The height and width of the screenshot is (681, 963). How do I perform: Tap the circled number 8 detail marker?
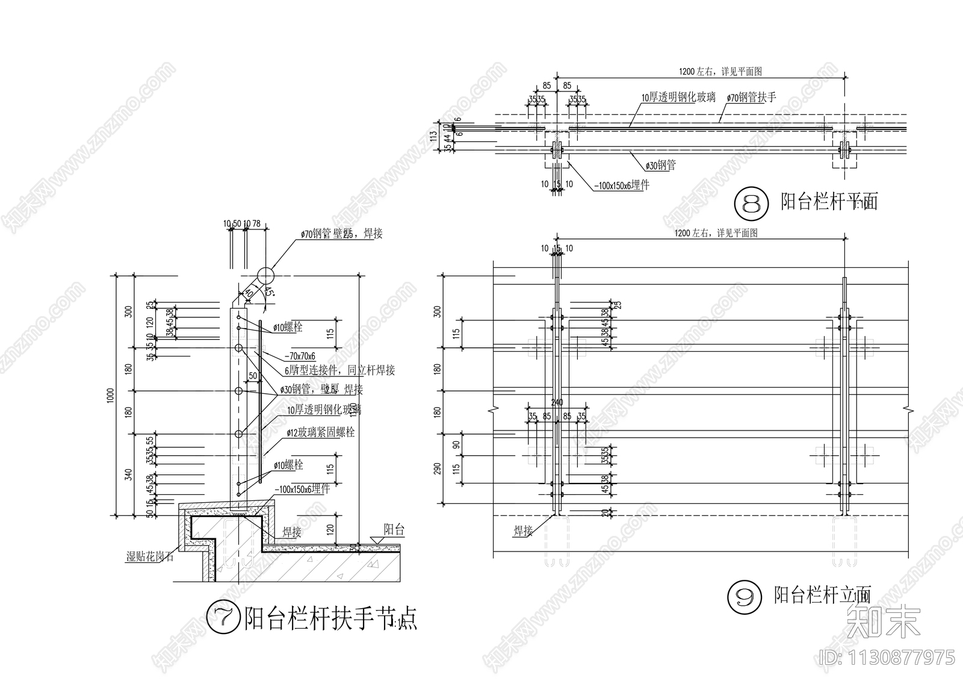coord(752,202)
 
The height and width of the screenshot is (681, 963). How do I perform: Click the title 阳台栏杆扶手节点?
coord(331,618)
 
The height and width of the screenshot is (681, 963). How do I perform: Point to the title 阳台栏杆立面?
coord(822,595)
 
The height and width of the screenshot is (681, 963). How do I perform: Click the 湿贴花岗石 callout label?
coord(149,556)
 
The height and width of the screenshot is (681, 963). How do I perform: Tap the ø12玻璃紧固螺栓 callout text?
coord(320,432)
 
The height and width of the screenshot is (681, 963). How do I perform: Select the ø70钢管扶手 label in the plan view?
coord(751,97)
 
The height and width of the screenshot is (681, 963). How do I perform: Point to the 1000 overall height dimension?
coord(110,395)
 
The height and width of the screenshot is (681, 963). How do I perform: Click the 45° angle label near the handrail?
coord(268,293)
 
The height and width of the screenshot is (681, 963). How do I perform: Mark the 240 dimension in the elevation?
coord(557,402)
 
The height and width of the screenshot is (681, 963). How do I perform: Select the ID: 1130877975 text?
coord(887,656)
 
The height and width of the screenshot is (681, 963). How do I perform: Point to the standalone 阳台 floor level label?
coord(394,529)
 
